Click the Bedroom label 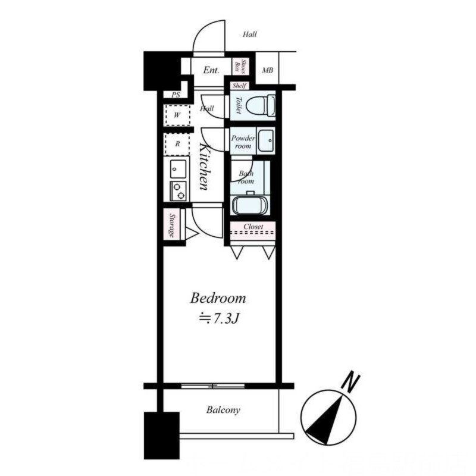[x=218, y=298]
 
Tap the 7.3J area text [x=219, y=318]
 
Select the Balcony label [x=223, y=410]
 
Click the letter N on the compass [x=350, y=381]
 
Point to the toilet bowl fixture [x=261, y=105]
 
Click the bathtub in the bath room [x=250, y=205]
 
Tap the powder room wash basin [x=265, y=140]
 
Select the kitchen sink [x=178, y=169]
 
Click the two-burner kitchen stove [x=178, y=191]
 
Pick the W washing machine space [x=177, y=115]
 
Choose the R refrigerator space [x=177, y=144]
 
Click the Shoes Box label [x=240, y=67]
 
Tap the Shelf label [x=239, y=86]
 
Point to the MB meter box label [x=267, y=70]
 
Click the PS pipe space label [x=176, y=95]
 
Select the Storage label [x=172, y=226]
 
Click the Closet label [x=253, y=227]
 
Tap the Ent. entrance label [x=211, y=70]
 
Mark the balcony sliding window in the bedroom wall [x=213, y=386]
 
